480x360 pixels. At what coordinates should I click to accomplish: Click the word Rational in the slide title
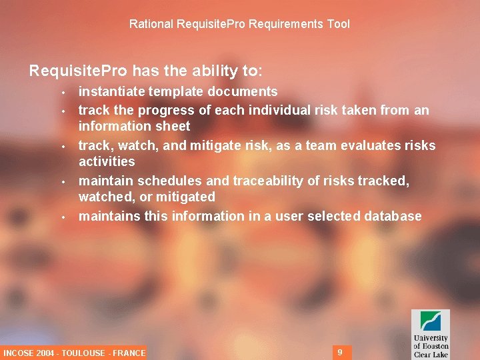151,24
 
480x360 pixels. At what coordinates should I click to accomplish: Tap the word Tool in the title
338,24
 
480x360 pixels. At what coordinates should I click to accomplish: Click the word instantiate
109,91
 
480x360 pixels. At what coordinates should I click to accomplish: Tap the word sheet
173,126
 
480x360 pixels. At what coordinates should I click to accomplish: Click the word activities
107,161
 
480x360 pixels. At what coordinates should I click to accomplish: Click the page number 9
340,352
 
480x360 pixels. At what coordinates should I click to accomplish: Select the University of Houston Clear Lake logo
430,333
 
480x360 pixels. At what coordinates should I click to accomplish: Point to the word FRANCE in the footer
129,353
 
